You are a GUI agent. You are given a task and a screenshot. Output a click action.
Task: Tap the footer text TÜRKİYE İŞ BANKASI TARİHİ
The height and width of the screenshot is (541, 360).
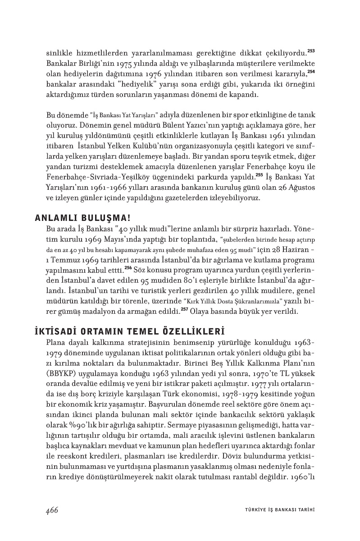pyautogui.click(x=276, y=510)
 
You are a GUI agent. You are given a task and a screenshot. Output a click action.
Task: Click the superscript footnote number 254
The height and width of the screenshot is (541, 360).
pyautogui.click(x=311, y=71)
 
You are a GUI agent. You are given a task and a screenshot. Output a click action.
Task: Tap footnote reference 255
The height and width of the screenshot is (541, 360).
pyautogui.click(x=259, y=174)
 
